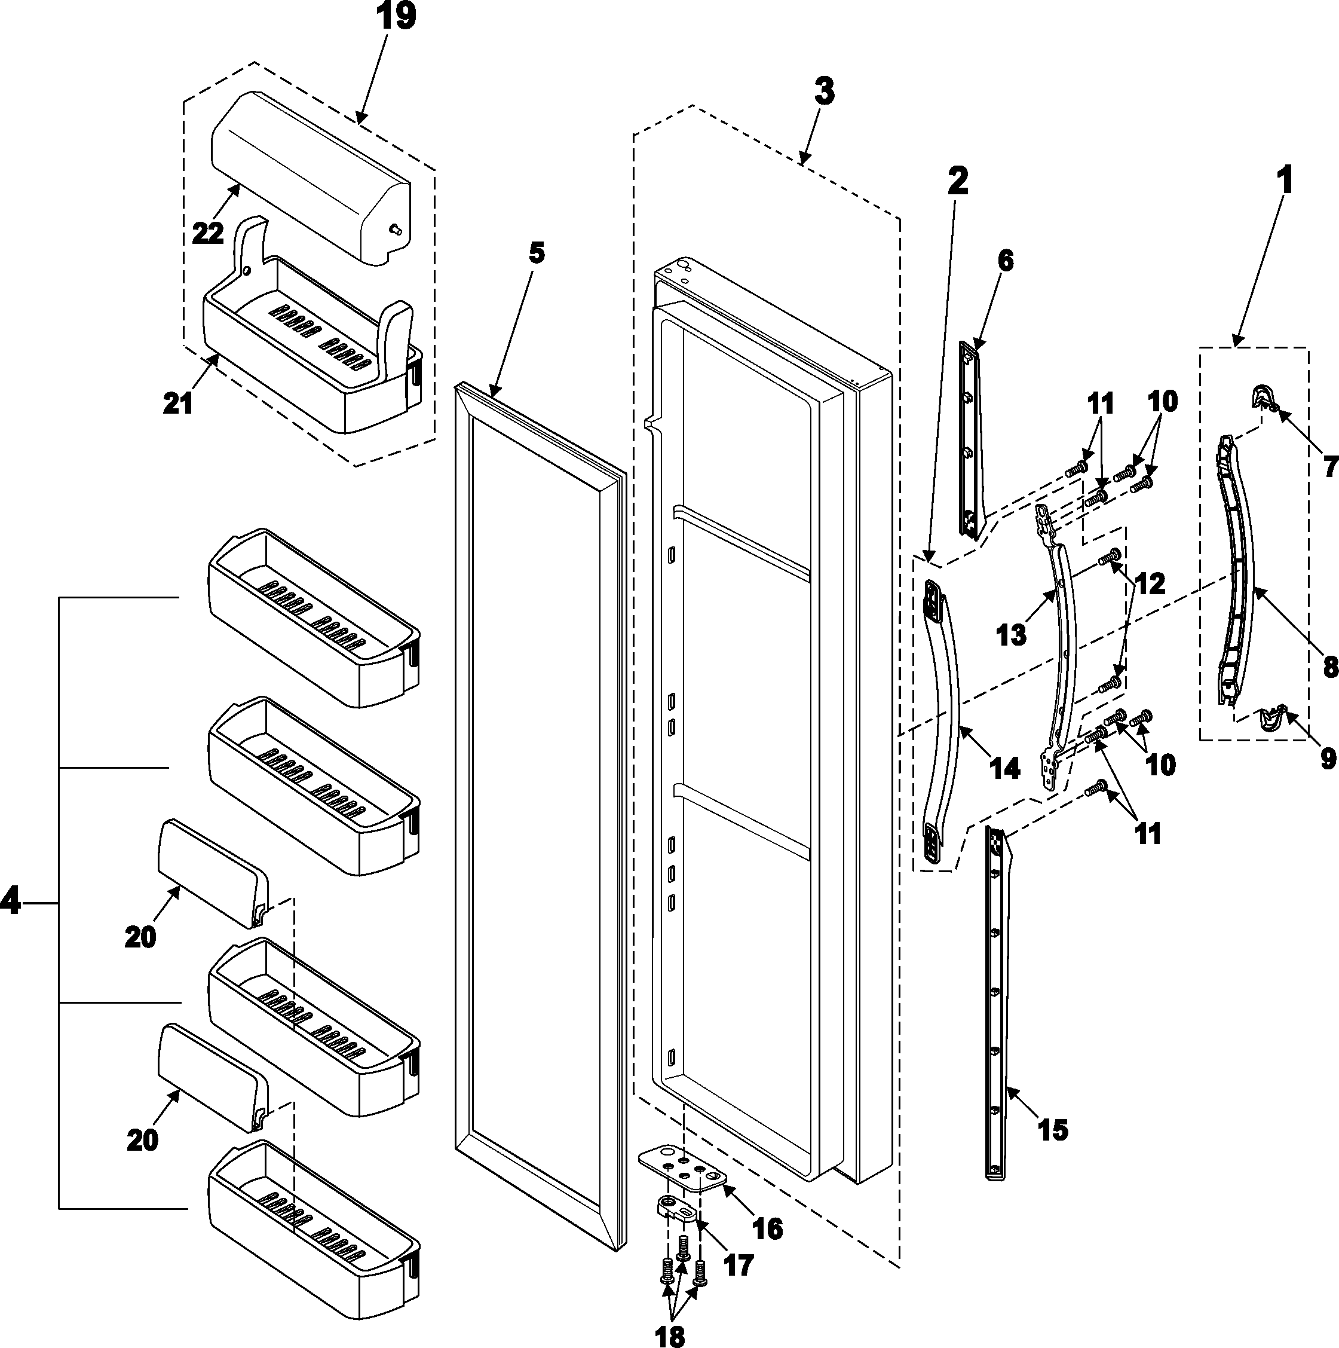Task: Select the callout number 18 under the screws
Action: tap(670, 1335)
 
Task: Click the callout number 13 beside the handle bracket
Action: tap(1010, 635)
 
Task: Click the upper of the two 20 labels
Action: tap(140, 937)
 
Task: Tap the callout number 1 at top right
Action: tap(1285, 180)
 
